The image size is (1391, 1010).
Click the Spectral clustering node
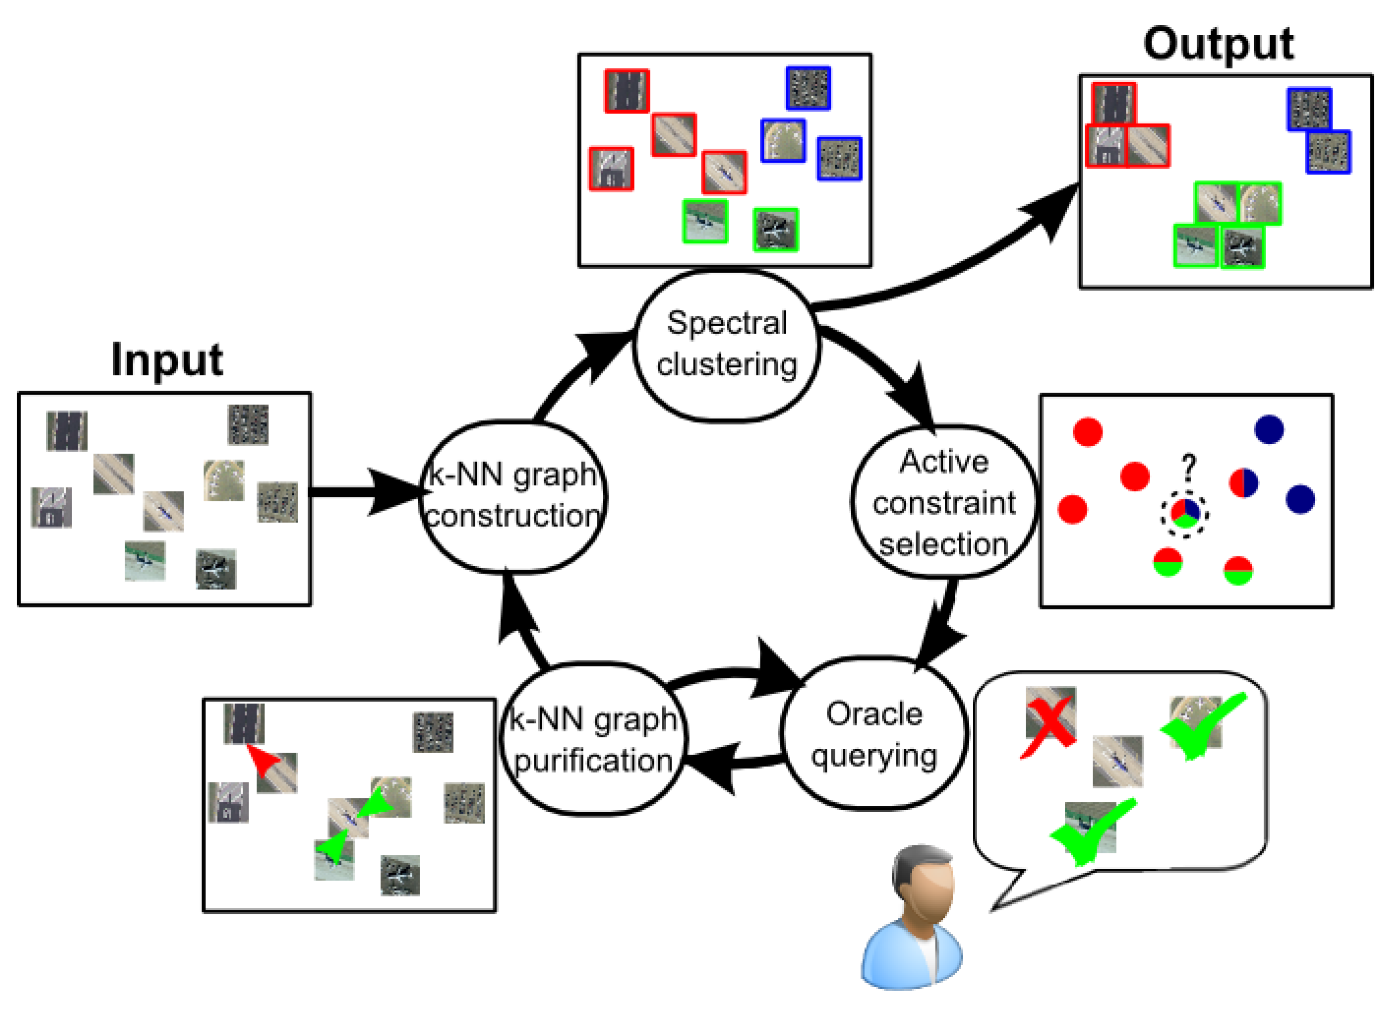click(726, 345)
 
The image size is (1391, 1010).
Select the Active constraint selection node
click(943, 502)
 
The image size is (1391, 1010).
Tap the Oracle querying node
click(873, 734)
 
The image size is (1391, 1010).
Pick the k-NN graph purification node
click(593, 739)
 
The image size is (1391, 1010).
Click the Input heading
click(166, 360)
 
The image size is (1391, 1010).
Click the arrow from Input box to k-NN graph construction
click(368, 492)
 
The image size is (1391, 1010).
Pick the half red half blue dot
click(1243, 483)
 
